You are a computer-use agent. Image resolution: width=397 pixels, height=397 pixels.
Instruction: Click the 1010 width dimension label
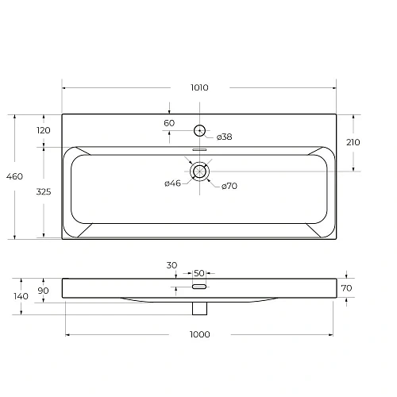tap(199, 88)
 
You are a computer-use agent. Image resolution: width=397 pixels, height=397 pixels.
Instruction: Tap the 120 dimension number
tap(44, 130)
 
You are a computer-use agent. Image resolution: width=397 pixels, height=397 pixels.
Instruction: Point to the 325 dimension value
tap(44, 191)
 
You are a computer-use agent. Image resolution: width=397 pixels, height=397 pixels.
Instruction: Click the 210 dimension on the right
tap(353, 143)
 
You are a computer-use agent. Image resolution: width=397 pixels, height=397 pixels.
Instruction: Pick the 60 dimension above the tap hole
tap(169, 123)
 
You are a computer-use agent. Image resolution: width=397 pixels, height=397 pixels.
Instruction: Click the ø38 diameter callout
tap(224, 137)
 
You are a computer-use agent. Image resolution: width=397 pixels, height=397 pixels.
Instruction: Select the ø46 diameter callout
tap(173, 184)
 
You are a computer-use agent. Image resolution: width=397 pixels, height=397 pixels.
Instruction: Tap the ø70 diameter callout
tap(229, 186)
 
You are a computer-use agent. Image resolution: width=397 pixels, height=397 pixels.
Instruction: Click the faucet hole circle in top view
tap(199, 130)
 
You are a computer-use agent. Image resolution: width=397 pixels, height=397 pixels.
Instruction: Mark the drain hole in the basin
tap(199, 170)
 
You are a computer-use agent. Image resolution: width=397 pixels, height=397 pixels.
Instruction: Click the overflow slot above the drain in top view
tap(199, 148)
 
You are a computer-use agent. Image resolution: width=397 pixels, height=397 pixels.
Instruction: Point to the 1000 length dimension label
tap(199, 334)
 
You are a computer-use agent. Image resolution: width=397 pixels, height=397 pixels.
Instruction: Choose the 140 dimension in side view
tap(21, 296)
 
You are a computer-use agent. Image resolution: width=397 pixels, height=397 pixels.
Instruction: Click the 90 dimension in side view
tap(44, 291)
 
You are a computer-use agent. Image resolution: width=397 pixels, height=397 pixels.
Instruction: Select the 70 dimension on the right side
tap(346, 288)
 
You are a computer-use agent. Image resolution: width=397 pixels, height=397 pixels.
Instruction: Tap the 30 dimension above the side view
tap(172, 264)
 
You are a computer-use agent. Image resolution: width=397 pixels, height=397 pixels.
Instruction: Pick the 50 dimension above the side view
tap(198, 272)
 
